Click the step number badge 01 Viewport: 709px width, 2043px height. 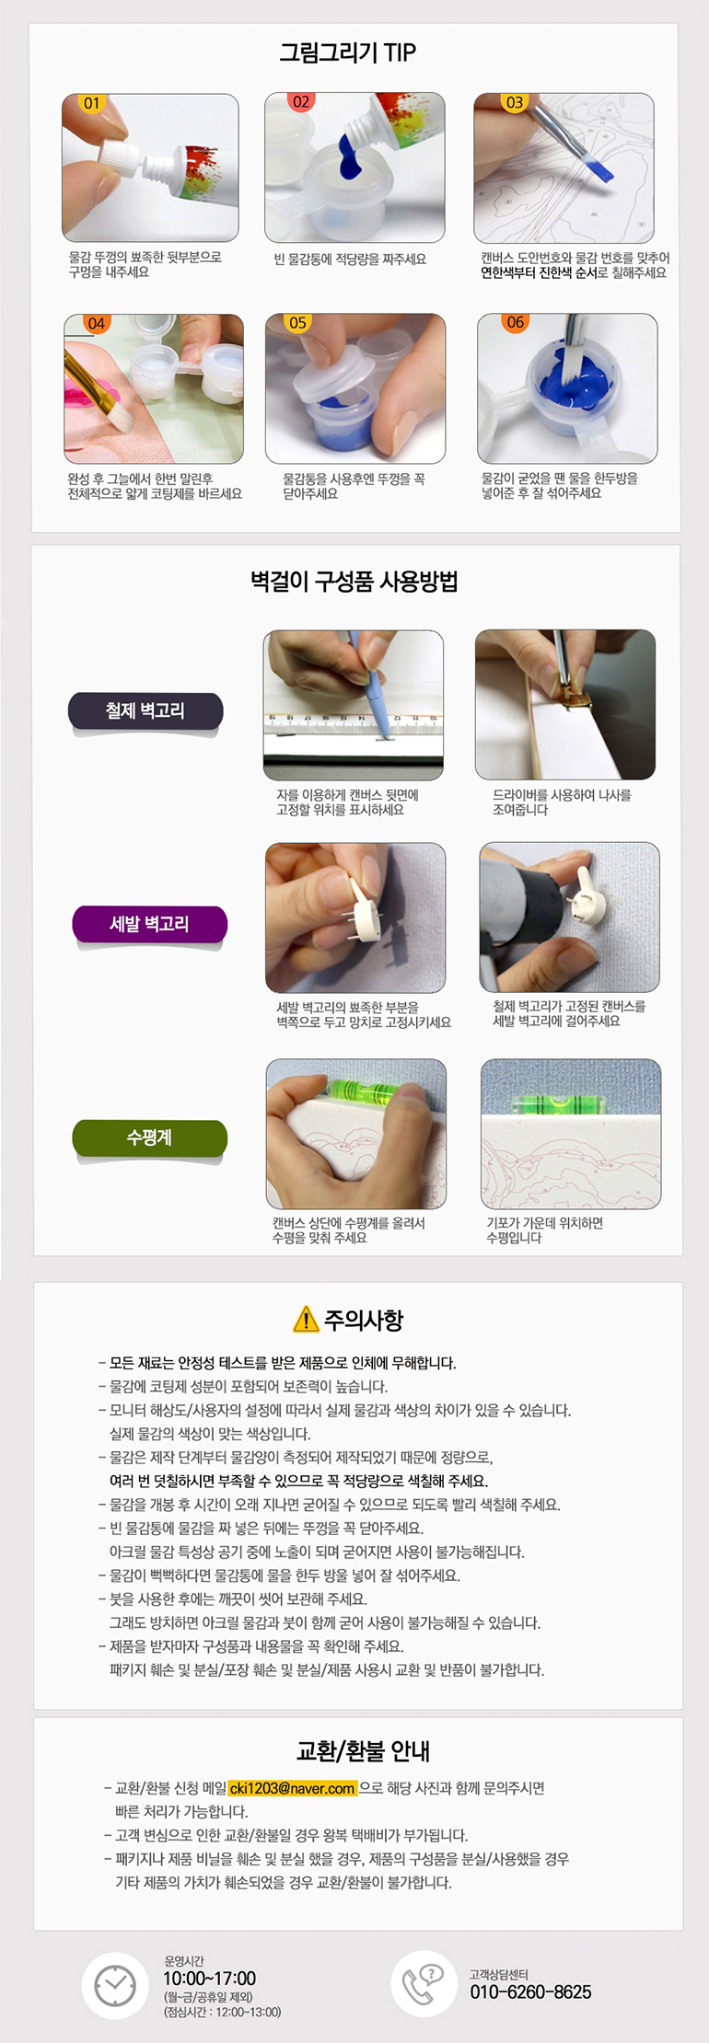[x=92, y=103]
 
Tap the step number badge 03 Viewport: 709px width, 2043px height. [x=514, y=102]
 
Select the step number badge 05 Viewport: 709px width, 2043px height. [x=297, y=323]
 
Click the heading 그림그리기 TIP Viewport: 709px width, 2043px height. [x=348, y=52]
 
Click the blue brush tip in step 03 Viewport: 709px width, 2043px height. [x=599, y=169]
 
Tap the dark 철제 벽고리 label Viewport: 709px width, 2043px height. [x=145, y=711]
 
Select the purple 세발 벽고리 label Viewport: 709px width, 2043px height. [x=149, y=924]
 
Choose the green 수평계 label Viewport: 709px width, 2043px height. [x=149, y=1137]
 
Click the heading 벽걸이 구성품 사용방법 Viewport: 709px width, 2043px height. [x=354, y=582]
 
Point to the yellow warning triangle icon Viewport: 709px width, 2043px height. [x=306, y=1320]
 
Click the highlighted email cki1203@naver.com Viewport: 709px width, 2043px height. [x=293, y=1788]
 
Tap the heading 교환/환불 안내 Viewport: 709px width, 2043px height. [x=363, y=1751]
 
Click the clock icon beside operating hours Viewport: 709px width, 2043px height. [x=115, y=1985]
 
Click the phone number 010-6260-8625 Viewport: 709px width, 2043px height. [x=530, y=1991]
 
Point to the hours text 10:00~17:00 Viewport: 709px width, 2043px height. [x=210, y=1979]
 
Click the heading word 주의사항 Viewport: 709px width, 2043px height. [x=364, y=1320]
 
